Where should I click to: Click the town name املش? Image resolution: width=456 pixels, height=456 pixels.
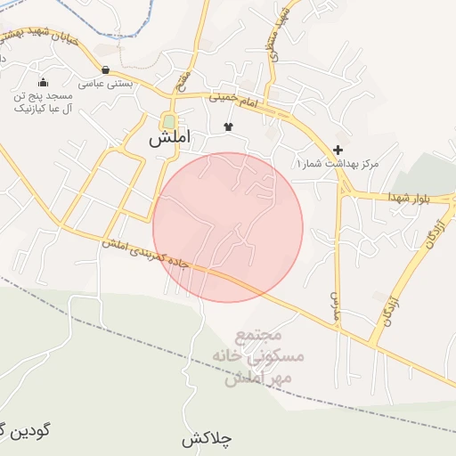pyautogui.click(x=167, y=139)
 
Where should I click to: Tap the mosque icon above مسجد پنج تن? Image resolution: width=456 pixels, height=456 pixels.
pyautogui.click(x=43, y=82)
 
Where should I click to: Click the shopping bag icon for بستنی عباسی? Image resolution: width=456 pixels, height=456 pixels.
pyautogui.click(x=106, y=69)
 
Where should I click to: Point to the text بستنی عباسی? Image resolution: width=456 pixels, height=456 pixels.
pyautogui.click(x=106, y=84)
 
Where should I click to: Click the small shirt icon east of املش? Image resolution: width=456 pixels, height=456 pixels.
pyautogui.click(x=228, y=126)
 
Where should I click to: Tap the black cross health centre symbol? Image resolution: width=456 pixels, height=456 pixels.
pyautogui.click(x=338, y=150)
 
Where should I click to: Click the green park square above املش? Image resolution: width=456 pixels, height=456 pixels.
pyautogui.click(x=167, y=122)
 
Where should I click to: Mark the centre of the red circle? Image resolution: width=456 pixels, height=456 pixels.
pyautogui.click(x=228, y=228)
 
